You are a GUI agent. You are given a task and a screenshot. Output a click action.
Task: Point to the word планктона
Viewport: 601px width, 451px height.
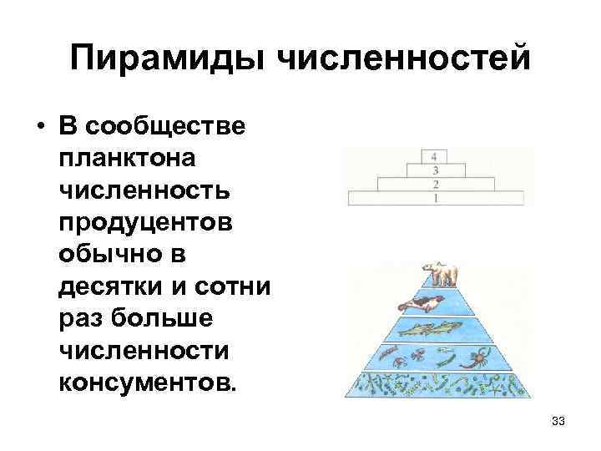pyautogui.click(x=125, y=157)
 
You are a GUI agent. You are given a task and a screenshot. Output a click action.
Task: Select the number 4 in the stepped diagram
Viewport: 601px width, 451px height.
pyautogui.click(x=435, y=156)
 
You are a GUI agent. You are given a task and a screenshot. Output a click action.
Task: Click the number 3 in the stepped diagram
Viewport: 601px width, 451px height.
pyautogui.click(x=435, y=170)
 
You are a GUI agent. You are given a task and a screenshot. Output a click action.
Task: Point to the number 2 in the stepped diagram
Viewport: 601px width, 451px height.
pyautogui.click(x=435, y=184)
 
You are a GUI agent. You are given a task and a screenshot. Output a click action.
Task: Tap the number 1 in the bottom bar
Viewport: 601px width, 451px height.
pyautogui.click(x=435, y=199)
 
